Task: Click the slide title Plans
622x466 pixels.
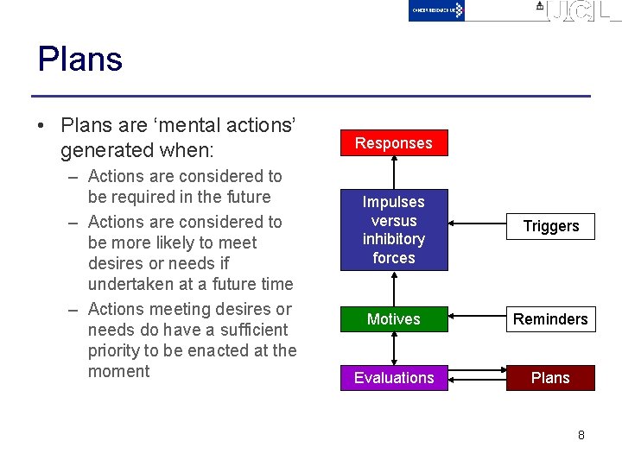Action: pos(80,60)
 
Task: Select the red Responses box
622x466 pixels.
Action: pos(393,143)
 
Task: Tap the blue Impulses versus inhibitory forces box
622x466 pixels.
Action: pos(393,230)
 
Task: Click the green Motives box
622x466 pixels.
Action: pos(393,319)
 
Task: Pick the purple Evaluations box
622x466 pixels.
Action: pos(393,378)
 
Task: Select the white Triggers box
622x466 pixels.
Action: pos(550,226)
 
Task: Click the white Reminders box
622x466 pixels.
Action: pos(550,319)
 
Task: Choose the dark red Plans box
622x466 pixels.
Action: pos(550,378)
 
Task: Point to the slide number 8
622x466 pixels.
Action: pos(581,435)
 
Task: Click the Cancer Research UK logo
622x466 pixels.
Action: pos(436,10)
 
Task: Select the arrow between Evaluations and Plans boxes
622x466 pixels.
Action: pos(478,377)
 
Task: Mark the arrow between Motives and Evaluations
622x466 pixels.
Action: pos(394,349)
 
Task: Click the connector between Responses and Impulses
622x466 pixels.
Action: pos(394,173)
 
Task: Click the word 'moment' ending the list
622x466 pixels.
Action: pos(119,371)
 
